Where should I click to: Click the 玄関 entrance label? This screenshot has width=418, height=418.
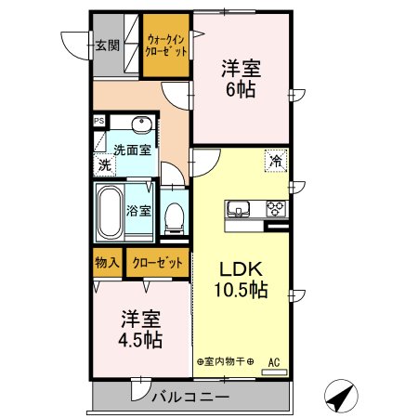point(107,45)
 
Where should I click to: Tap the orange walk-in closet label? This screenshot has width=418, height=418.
point(166,44)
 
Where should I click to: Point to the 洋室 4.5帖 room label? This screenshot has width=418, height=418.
point(140,329)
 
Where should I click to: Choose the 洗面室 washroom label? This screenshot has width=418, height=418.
point(133,149)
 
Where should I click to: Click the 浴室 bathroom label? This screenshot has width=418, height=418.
point(138,209)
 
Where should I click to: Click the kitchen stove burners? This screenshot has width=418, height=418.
point(276,208)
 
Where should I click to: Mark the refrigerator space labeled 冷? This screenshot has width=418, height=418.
point(276,160)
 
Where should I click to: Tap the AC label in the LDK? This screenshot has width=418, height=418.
point(274,361)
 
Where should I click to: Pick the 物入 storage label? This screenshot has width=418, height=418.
point(107,263)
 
